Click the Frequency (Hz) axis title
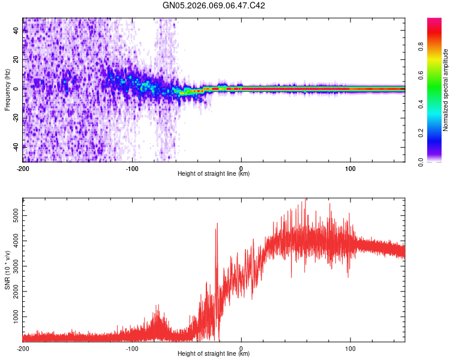(x=7, y=90)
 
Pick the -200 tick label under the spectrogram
(x=23, y=168)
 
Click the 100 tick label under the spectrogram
(x=350, y=168)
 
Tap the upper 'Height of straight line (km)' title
(x=214, y=174)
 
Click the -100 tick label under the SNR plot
(x=132, y=348)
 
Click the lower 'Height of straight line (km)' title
(x=214, y=354)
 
